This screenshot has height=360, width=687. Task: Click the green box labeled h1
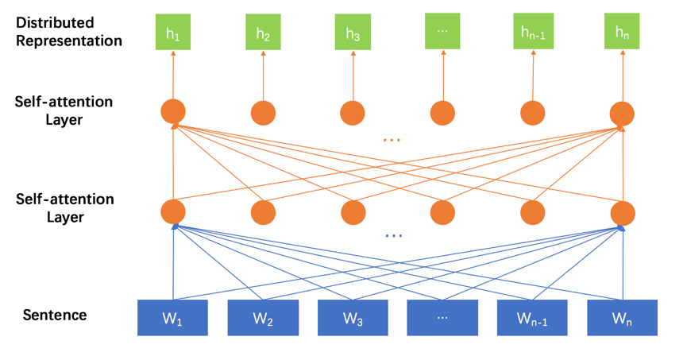pyautogui.click(x=172, y=34)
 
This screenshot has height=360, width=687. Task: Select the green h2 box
pyautogui.click(x=263, y=34)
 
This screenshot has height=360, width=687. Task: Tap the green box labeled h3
pyautogui.click(x=353, y=34)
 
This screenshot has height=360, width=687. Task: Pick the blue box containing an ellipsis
pyautogui.click(x=442, y=318)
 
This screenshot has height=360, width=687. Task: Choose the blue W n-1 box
pyautogui.click(x=532, y=318)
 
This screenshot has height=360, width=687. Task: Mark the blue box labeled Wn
pyautogui.click(x=622, y=318)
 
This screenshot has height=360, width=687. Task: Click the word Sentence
pyautogui.click(x=54, y=315)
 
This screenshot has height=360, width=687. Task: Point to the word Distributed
pyautogui.click(x=53, y=22)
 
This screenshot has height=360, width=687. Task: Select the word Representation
pyautogui.click(x=68, y=41)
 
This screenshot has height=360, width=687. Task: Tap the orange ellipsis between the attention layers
pyautogui.click(x=391, y=140)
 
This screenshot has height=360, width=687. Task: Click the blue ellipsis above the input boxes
pyautogui.click(x=393, y=236)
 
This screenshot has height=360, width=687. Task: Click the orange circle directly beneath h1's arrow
pyautogui.click(x=172, y=112)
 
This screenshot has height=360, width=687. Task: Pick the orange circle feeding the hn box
pyautogui.click(x=622, y=112)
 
